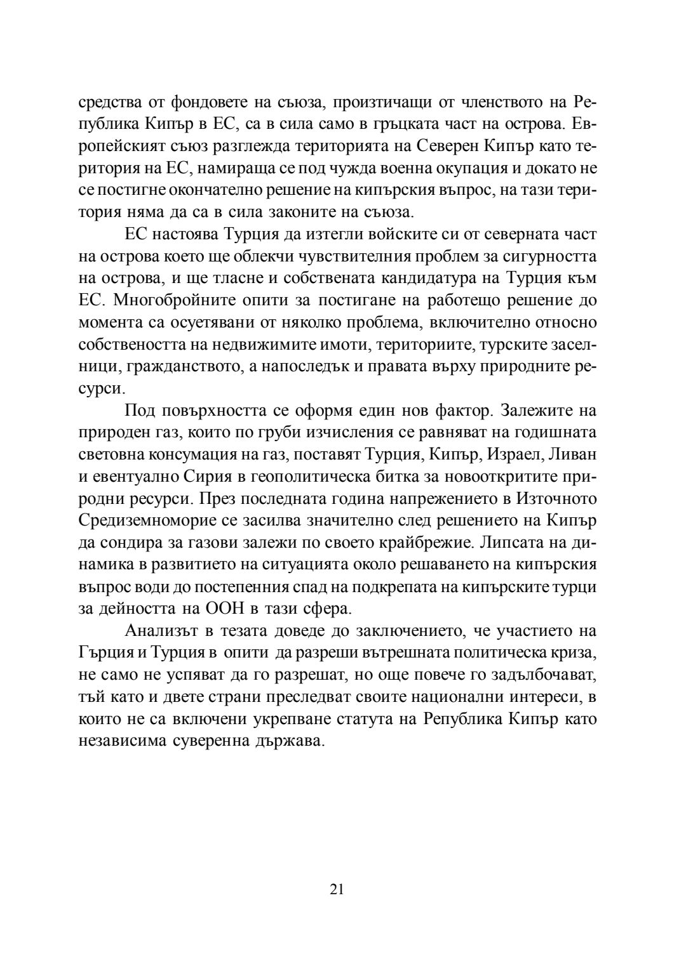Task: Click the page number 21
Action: click(337, 889)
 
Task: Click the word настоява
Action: click(189, 234)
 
